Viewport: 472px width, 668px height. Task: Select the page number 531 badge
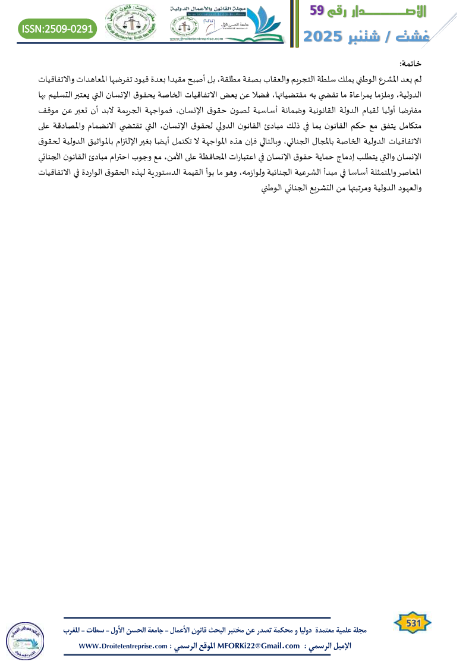point(413,623)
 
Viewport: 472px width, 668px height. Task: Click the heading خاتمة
point(411,64)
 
